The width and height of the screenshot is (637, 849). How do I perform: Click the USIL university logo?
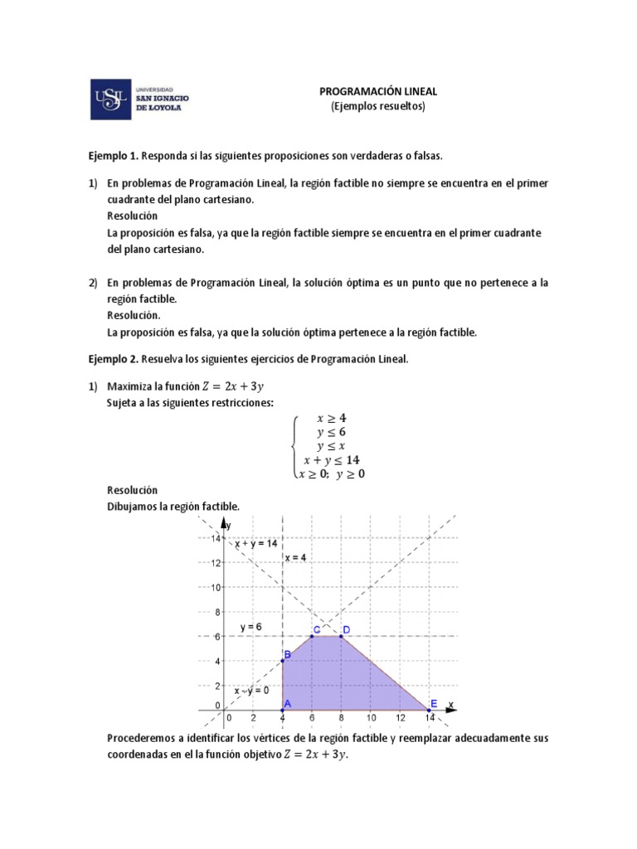click(139, 99)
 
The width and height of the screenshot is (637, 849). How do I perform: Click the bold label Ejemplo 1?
click(114, 156)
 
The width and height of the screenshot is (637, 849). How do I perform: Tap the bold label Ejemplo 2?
click(114, 359)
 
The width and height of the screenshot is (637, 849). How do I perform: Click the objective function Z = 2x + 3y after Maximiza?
click(234, 386)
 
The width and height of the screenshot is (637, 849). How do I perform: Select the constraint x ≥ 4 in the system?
click(331, 418)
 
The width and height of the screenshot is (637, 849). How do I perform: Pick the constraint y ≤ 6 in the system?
click(331, 432)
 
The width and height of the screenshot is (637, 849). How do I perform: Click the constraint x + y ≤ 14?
click(331, 459)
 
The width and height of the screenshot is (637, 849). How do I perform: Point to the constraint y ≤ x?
click(331, 445)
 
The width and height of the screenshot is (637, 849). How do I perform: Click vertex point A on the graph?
click(284, 711)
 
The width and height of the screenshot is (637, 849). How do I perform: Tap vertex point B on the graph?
click(284, 661)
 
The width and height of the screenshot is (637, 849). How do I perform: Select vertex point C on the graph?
click(312, 636)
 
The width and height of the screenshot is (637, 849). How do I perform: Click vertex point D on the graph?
click(341, 636)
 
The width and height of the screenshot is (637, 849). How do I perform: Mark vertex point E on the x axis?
click(430, 711)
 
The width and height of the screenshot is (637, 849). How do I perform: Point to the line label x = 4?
click(296, 558)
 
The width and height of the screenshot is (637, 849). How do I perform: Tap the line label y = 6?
click(250, 627)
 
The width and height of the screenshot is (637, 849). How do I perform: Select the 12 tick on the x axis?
click(401, 718)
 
